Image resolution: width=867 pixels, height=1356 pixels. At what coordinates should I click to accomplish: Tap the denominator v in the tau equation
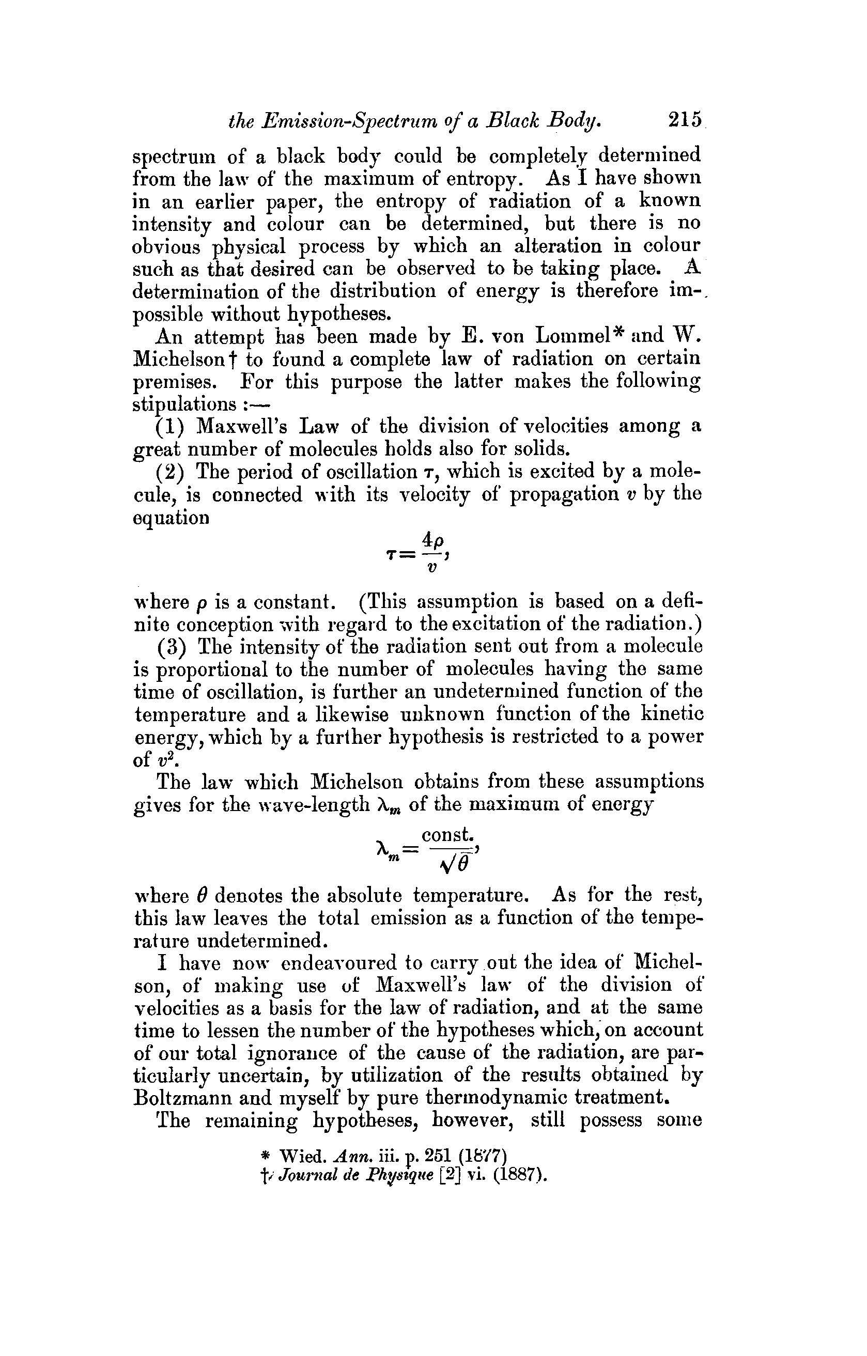(431, 568)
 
